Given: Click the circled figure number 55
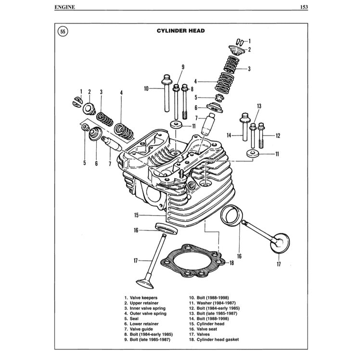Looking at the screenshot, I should pos(63,32).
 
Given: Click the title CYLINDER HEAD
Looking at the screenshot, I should pos(180,31).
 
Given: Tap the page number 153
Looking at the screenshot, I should pos(303,7).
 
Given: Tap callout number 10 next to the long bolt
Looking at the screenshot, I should pos(146,88).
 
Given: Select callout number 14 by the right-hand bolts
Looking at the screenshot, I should pos(230,134).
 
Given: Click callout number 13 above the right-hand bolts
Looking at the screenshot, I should pos(258,106).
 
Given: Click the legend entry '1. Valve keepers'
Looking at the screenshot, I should pos(141,298).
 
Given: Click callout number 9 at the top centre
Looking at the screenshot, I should pos(183,67).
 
